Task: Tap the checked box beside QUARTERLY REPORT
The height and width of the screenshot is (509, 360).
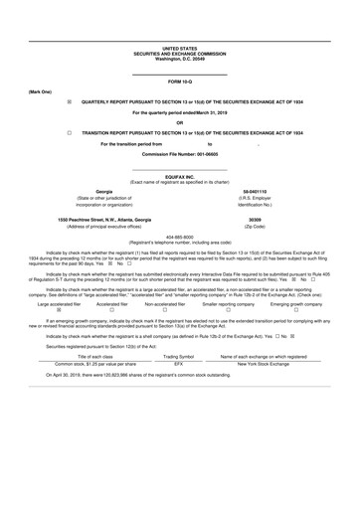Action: tap(70, 101)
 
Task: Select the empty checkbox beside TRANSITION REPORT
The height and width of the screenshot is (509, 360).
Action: tap(70, 131)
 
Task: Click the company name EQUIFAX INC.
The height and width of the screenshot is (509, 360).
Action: tap(179, 176)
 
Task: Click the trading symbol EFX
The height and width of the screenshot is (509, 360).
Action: tap(179, 392)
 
